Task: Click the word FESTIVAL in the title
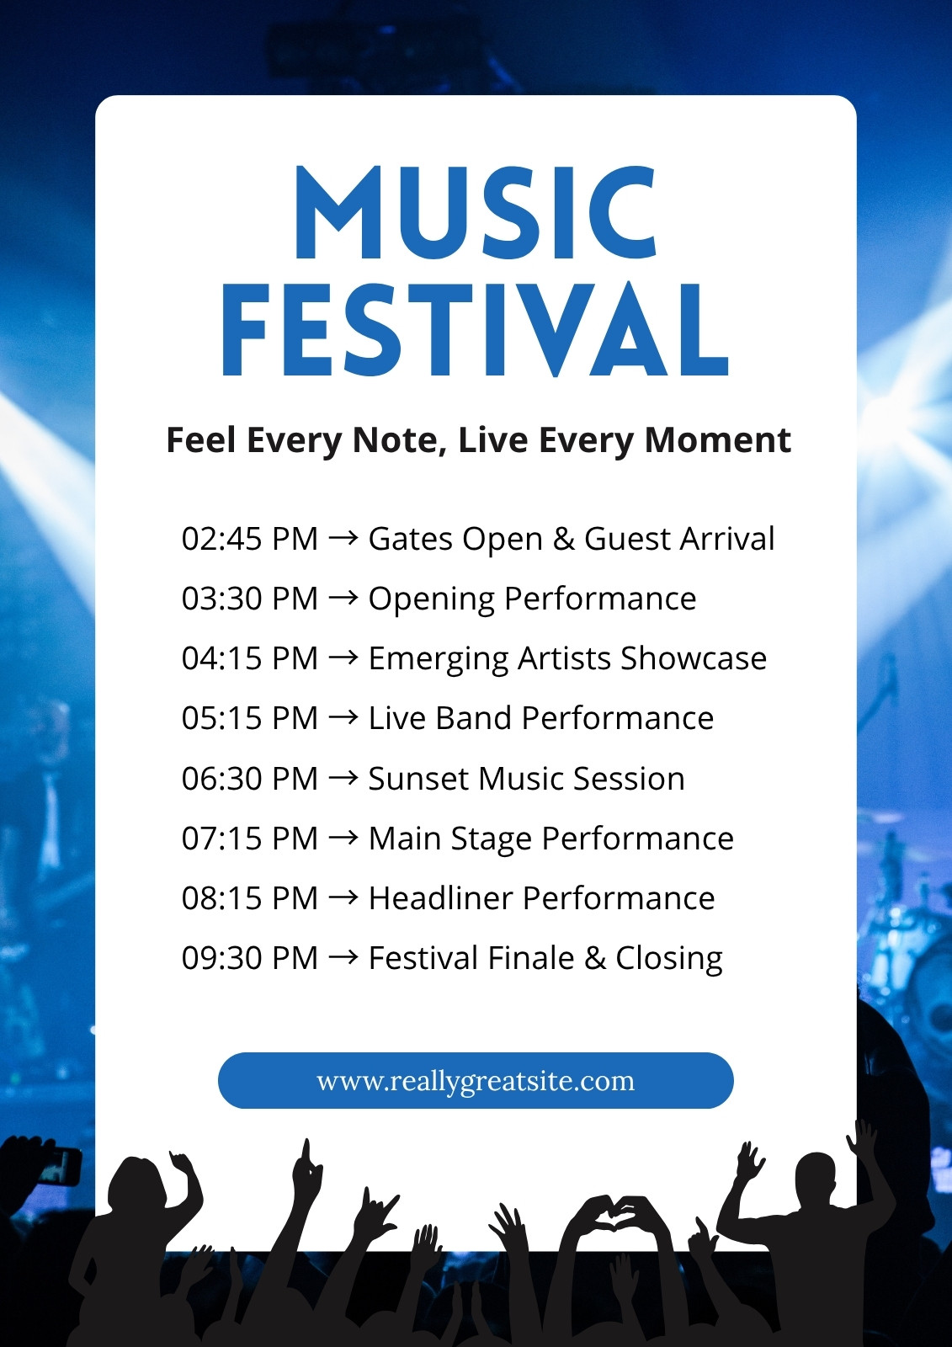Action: [x=475, y=330]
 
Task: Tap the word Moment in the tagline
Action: [x=717, y=440]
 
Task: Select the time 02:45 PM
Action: [x=250, y=538]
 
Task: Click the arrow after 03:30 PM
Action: [x=343, y=599]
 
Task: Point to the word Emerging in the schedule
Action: [x=439, y=659]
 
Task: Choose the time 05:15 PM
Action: [x=250, y=718]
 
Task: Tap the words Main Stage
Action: [x=450, y=839]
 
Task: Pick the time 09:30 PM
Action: [x=250, y=958]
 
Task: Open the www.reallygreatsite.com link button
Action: [x=476, y=1081]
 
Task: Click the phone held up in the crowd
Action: [x=59, y=1166]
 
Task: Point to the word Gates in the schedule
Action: [x=411, y=538]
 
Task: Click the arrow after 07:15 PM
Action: [x=343, y=839]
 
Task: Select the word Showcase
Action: [x=694, y=658]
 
